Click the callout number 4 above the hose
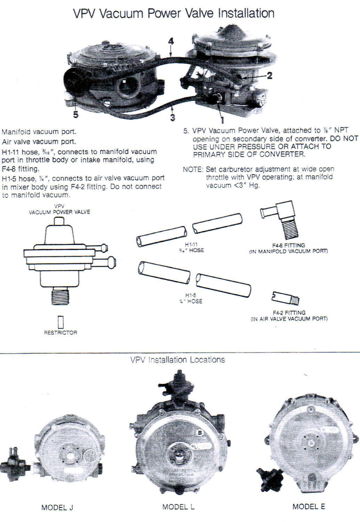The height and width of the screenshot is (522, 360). pyautogui.click(x=171, y=41)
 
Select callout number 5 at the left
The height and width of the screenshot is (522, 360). pyautogui.click(x=76, y=114)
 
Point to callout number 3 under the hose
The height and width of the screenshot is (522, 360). pyautogui.click(x=173, y=117)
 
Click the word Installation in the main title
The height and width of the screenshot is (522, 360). pyautogui.click(x=246, y=13)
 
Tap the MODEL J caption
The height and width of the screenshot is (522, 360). pyautogui.click(x=57, y=507)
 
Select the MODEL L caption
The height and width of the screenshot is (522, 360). pyautogui.click(x=178, y=507)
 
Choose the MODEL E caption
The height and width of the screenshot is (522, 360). pyautogui.click(x=308, y=506)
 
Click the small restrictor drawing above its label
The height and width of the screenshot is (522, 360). pyautogui.click(x=61, y=322)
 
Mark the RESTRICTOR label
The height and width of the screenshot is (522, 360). pyautogui.click(x=61, y=333)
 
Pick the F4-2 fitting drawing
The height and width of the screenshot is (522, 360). pyautogui.click(x=285, y=298)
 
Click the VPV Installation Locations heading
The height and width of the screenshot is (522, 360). pyautogui.click(x=178, y=359)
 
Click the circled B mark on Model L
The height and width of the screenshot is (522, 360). pyautogui.click(x=200, y=433)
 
